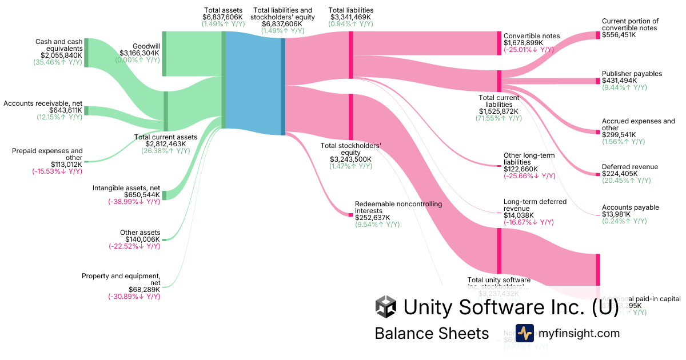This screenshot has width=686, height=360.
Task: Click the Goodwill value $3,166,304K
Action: click(x=139, y=53)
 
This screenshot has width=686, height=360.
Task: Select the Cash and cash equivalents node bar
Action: click(x=86, y=53)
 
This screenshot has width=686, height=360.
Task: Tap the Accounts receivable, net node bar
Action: click(x=86, y=110)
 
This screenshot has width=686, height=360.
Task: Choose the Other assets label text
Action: click(x=140, y=233)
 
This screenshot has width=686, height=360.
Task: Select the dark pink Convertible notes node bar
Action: click(x=499, y=43)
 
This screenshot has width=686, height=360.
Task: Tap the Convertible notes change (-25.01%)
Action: click(x=529, y=50)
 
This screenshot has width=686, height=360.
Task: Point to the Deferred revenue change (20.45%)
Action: click(x=626, y=181)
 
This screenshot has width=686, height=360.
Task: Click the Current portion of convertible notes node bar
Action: click(x=598, y=35)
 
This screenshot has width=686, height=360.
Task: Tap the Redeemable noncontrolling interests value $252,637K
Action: click(x=373, y=218)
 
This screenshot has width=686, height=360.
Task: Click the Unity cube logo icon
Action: click(x=386, y=307)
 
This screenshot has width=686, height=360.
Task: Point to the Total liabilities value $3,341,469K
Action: click(x=351, y=18)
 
